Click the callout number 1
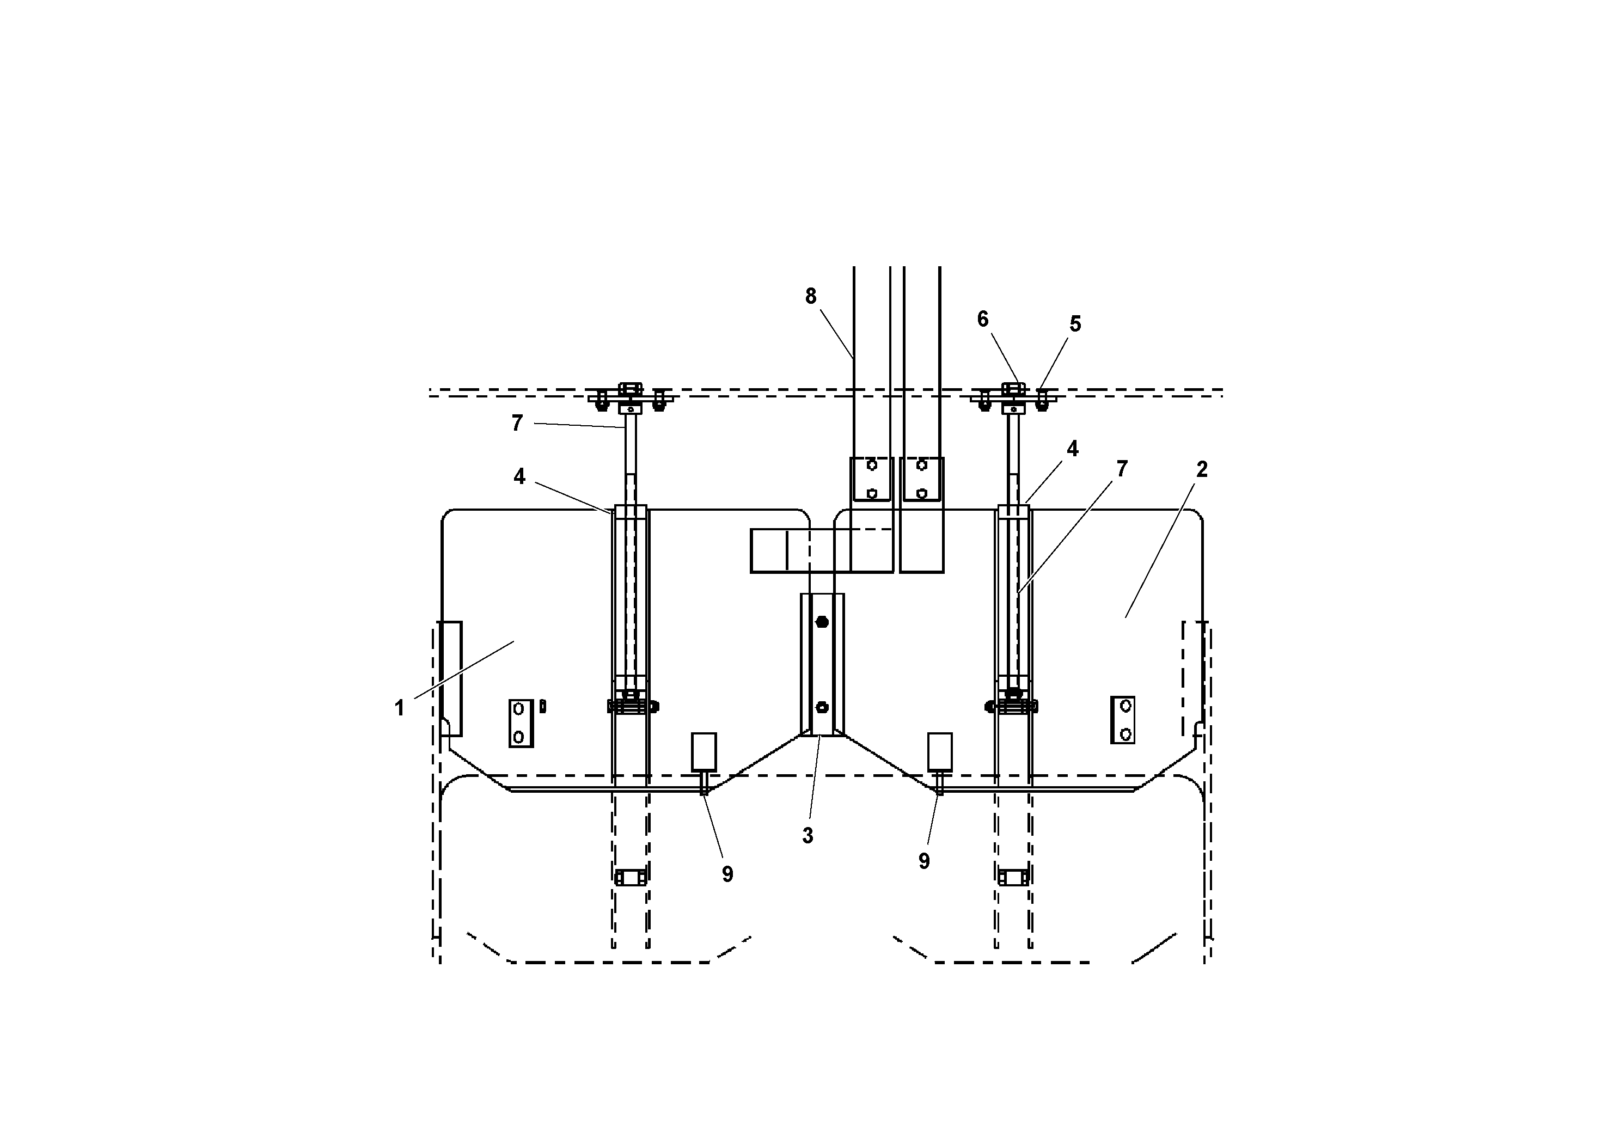coord(400,707)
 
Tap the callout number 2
coord(1202,469)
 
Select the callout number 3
coord(808,836)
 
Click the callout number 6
coord(983,319)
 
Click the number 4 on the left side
coord(519,476)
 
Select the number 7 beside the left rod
coord(517,423)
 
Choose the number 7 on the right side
coord(1122,469)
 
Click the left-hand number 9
coord(727,874)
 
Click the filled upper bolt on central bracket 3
coord(822,622)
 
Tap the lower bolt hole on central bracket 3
coord(822,707)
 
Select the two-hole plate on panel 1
coord(521,723)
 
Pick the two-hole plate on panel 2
coord(1123,719)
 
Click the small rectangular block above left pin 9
coord(704,751)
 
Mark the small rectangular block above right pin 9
coord(940,751)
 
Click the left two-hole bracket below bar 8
coord(871,479)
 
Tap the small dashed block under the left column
coord(631,878)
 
